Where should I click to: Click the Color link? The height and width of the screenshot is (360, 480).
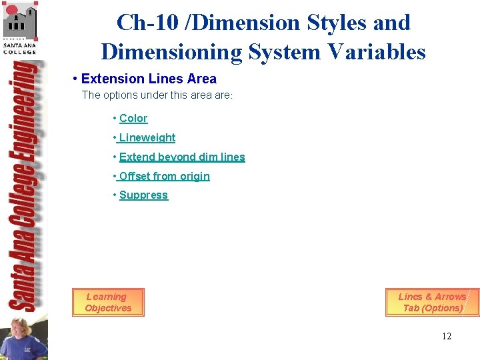[133, 119]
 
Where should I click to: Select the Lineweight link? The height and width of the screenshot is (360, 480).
[147, 138]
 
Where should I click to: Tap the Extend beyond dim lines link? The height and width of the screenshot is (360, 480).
[182, 157]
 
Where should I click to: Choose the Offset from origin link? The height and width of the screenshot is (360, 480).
[164, 177]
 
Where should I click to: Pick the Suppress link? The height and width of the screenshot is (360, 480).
[143, 195]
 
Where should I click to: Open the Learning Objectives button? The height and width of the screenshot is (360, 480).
[108, 303]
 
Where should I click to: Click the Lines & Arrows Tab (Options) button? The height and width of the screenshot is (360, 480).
[432, 303]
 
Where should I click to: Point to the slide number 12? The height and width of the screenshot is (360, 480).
[446, 336]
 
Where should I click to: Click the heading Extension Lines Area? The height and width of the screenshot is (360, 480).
[149, 79]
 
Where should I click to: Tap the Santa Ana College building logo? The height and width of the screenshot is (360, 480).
[19, 20]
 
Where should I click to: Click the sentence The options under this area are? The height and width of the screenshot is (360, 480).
[157, 95]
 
